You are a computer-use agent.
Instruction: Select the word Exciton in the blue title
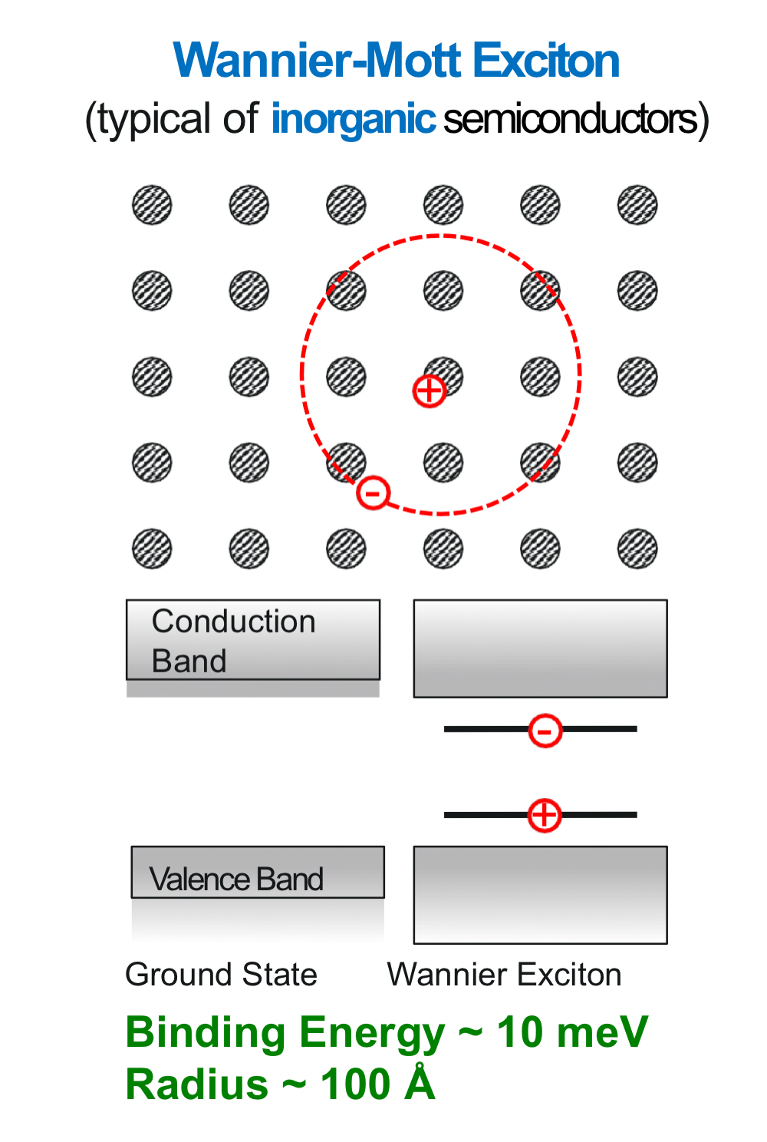(545, 61)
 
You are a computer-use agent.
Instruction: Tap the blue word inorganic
(354, 119)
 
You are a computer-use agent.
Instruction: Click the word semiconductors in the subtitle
(571, 120)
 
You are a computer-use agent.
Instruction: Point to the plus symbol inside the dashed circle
(430, 391)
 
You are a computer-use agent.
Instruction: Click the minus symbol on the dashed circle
(374, 492)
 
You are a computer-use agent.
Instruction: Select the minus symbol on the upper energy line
(545, 730)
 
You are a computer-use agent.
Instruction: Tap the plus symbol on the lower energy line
(545, 814)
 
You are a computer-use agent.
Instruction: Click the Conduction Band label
(233, 641)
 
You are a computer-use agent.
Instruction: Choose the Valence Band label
(236, 879)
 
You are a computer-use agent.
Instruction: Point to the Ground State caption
(221, 974)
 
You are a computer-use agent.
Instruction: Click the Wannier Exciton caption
(504, 974)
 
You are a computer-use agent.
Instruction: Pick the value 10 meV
(572, 1032)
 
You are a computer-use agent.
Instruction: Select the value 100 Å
(377, 1084)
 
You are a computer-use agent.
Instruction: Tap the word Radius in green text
(197, 1084)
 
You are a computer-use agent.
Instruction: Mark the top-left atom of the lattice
(152, 205)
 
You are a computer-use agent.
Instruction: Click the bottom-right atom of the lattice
(637, 549)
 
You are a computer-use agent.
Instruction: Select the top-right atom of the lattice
(637, 205)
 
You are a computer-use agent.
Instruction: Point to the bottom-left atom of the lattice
(152, 549)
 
